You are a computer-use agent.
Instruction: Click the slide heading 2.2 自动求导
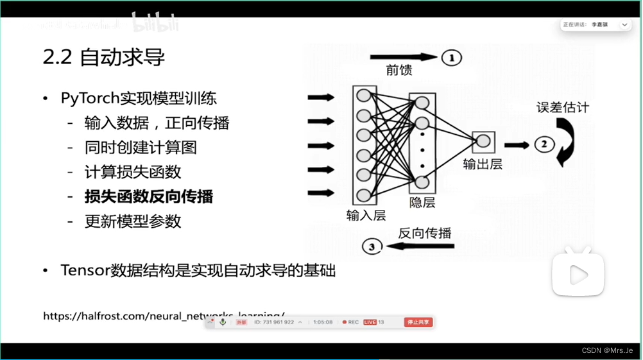(x=104, y=58)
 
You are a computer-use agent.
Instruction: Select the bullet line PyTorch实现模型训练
(x=139, y=98)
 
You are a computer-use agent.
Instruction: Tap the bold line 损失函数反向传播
(x=149, y=196)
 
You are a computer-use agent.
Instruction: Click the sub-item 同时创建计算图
(x=141, y=148)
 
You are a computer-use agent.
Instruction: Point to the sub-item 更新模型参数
(x=133, y=221)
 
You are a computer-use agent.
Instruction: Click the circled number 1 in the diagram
(x=451, y=58)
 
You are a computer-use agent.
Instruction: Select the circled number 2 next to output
(x=544, y=144)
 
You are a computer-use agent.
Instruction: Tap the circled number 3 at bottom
(x=373, y=246)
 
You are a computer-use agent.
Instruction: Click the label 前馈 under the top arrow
(x=398, y=71)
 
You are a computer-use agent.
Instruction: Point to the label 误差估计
(x=562, y=107)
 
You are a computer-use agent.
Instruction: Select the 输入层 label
(x=366, y=215)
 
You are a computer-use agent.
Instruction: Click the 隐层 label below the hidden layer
(x=422, y=202)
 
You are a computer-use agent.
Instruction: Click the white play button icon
(x=578, y=275)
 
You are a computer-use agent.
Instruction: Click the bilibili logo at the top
(x=155, y=24)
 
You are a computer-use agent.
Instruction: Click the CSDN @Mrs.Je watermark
(x=606, y=350)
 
